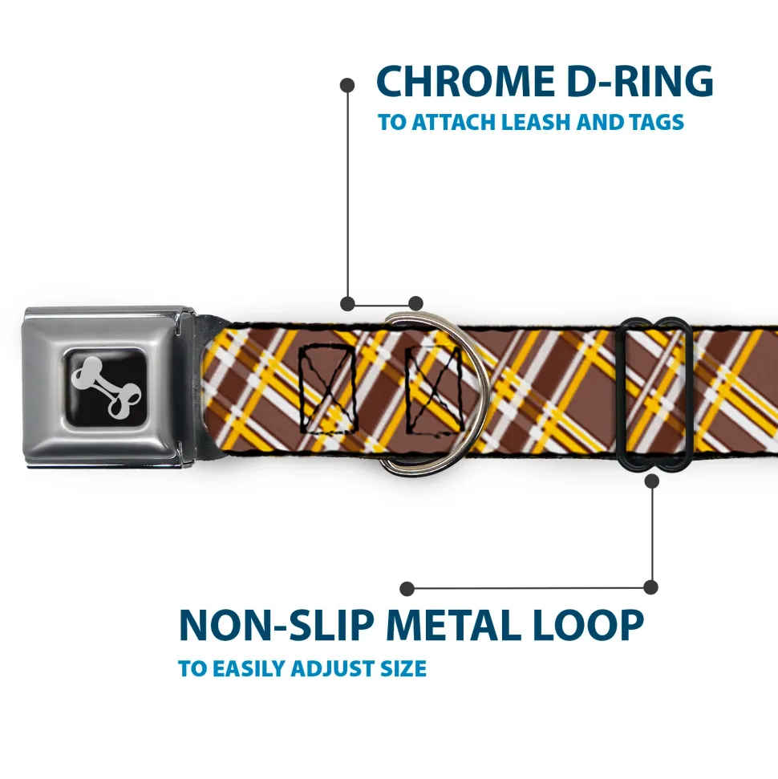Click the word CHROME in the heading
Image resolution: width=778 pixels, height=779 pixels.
pyautogui.click(x=465, y=81)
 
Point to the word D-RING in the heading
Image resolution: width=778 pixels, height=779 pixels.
pyautogui.click(x=640, y=81)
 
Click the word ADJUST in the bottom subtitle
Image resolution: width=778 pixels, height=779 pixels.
pyautogui.click(x=333, y=669)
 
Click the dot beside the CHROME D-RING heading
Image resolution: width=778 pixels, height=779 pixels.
pyautogui.click(x=347, y=85)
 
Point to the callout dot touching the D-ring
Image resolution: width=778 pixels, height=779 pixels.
pyautogui.click(x=415, y=303)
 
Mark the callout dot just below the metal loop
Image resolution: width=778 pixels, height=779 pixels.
pyautogui.click(x=652, y=481)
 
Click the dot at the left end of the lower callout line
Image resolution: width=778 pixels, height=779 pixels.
pyautogui.click(x=407, y=589)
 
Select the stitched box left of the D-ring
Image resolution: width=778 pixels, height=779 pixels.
pyautogui.click(x=328, y=388)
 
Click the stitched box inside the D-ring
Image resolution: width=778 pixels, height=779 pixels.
pyautogui.click(x=434, y=392)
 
